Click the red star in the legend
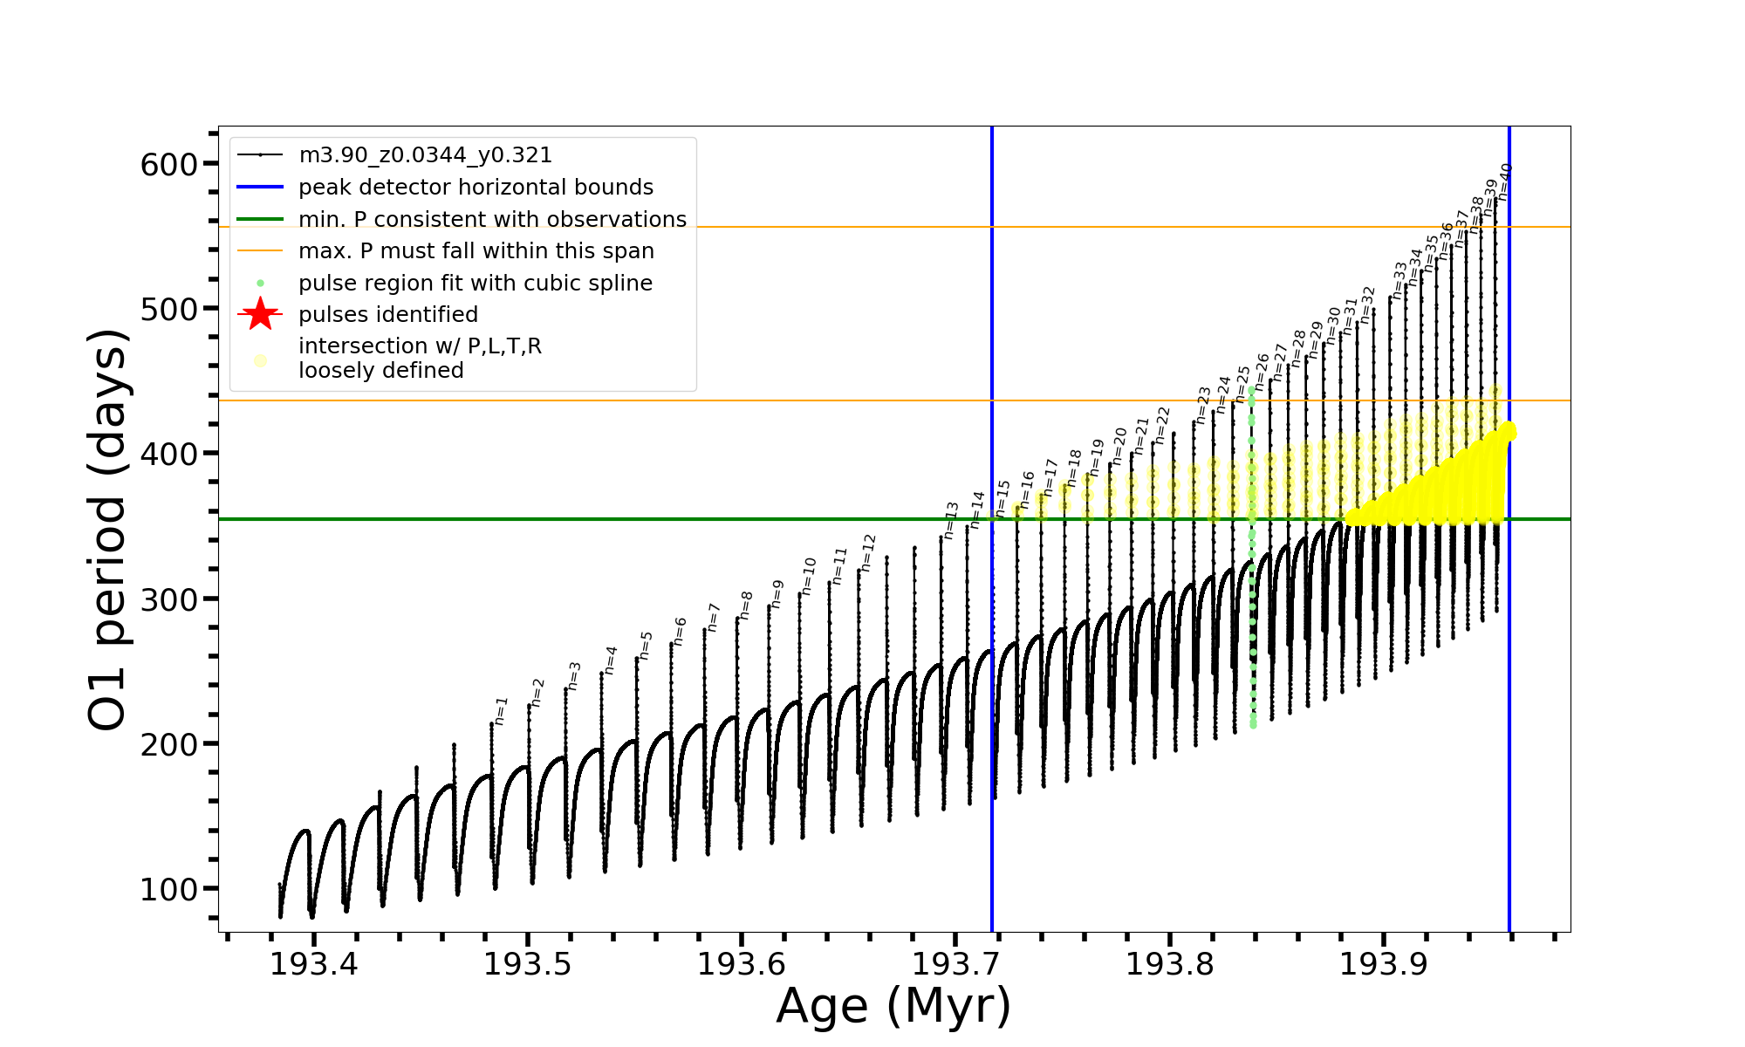pyautogui.click(x=260, y=314)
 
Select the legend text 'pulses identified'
pyautogui.click(x=388, y=315)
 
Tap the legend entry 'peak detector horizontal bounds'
pyautogui.click(x=476, y=188)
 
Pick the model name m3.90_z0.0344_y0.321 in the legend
pyautogui.click(x=425, y=155)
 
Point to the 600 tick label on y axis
pyautogui.click(x=169, y=165)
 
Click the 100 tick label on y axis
pyautogui.click(x=169, y=890)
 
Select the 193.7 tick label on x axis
pyautogui.click(x=955, y=965)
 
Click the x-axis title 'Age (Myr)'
pyautogui.click(x=893, y=1006)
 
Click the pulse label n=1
pyautogui.click(x=501, y=710)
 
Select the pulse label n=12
pyautogui.click(x=867, y=553)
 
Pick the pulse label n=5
pyautogui.click(x=646, y=645)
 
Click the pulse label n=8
pyautogui.click(x=746, y=605)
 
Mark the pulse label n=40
pyautogui.click(x=1504, y=181)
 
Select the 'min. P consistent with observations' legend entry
pyautogui.click(x=492, y=220)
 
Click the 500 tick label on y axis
pyautogui.click(x=169, y=310)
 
